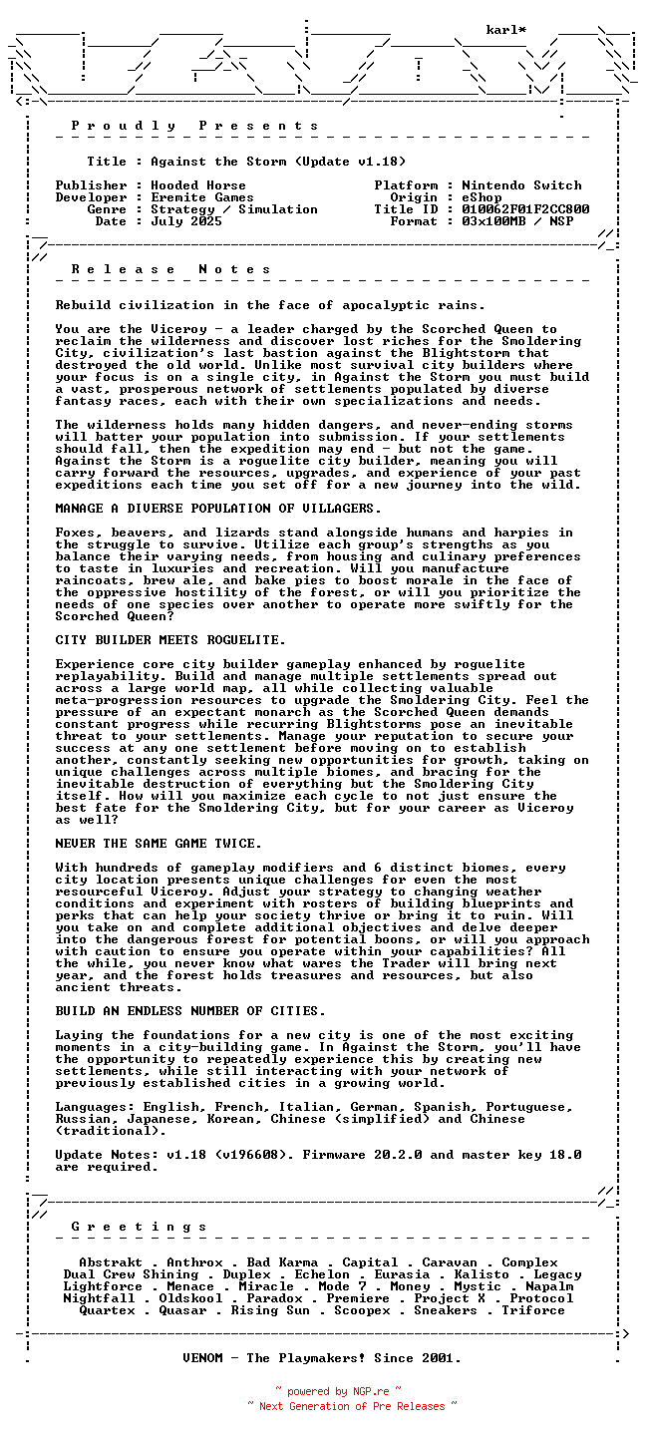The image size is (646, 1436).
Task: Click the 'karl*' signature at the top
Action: [506, 30]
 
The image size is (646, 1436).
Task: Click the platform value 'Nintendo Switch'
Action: [521, 185]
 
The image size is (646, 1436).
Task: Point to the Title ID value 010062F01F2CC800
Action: [525, 209]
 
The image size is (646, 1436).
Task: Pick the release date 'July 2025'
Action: [186, 221]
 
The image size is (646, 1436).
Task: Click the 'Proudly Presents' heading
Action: [194, 126]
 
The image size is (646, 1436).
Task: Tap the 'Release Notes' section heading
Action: [170, 269]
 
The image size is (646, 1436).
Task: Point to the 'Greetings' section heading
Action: [139, 1227]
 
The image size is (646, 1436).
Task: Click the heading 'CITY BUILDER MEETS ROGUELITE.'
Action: [170, 640]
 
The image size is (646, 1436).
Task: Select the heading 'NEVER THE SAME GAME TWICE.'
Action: [159, 844]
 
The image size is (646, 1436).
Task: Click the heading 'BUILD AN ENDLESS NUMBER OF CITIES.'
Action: [190, 1011]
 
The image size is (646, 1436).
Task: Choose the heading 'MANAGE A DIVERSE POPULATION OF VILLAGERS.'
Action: [218, 509]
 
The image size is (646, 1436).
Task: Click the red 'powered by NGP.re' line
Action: [338, 1391]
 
